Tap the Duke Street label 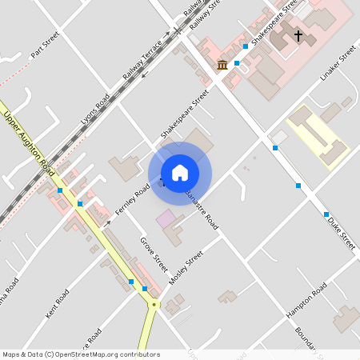coord(341,232)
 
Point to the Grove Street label coord(154,253)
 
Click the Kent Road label coord(58,304)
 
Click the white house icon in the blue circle coord(180,172)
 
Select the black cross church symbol coord(298,36)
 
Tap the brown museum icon coord(222,64)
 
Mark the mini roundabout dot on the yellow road coord(154,304)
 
